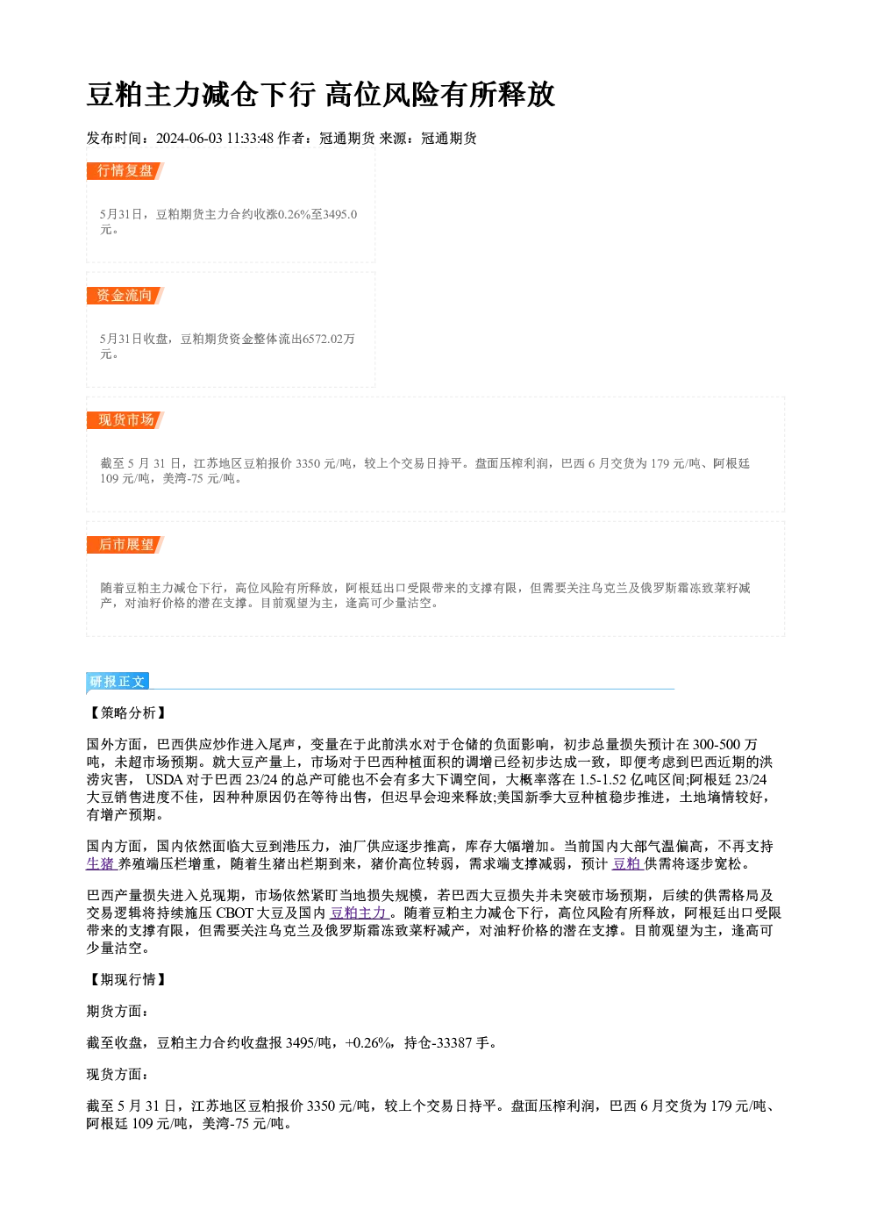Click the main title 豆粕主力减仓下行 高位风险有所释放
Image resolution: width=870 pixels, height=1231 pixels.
(321, 95)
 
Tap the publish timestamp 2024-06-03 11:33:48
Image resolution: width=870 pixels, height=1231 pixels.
(215, 139)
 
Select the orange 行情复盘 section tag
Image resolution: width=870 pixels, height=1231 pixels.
(125, 171)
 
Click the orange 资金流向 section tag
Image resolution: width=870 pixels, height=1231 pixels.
(125, 296)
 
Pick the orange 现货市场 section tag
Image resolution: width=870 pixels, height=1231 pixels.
(125, 420)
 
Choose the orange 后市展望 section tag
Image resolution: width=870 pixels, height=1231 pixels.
(125, 545)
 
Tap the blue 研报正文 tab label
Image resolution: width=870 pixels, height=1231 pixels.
(118, 682)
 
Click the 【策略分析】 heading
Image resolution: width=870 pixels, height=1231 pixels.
(127, 713)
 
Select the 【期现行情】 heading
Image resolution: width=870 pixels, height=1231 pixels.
(127, 980)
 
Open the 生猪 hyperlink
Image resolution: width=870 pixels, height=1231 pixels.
(101, 864)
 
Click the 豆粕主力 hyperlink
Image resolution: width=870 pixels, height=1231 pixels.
(360, 913)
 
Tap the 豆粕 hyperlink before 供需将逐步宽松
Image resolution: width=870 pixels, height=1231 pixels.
(627, 864)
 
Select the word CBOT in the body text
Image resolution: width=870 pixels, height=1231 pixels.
(234, 913)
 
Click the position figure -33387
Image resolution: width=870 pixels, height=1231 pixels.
(453, 1043)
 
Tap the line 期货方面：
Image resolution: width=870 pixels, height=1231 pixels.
(118, 1011)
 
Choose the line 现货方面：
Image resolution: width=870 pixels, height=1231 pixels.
(118, 1074)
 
